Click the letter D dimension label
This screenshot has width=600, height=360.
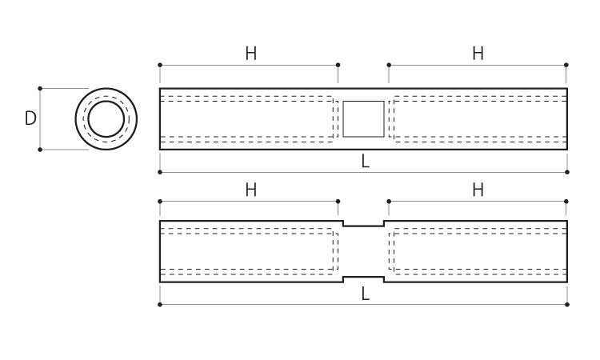(x=30, y=118)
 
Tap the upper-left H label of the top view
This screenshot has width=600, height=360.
(x=251, y=54)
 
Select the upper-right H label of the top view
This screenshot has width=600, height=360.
(x=478, y=54)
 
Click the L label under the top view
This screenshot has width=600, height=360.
(x=365, y=162)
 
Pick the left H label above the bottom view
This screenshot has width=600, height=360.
(x=251, y=190)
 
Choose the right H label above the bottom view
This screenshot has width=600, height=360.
(x=478, y=190)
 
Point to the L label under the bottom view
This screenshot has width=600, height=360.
(x=365, y=294)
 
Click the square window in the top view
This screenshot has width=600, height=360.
(x=363, y=119)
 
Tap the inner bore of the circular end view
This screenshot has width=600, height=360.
(x=106, y=101)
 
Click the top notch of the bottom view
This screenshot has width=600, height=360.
(x=363, y=226)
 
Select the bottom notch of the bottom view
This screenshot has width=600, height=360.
(x=363, y=277)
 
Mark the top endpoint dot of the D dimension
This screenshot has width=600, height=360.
(x=40, y=88)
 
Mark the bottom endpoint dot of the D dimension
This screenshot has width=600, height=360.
(x=40, y=150)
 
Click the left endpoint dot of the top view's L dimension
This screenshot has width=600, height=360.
(x=160, y=172)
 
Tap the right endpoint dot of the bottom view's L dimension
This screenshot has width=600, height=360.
(x=567, y=305)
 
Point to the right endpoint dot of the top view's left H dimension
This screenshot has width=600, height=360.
(x=338, y=65)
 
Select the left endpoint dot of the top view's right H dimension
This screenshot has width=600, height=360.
(x=389, y=65)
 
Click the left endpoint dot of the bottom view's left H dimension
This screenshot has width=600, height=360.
(x=160, y=202)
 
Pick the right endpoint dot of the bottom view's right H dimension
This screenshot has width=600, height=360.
(x=566, y=202)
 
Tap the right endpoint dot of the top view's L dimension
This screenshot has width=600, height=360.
(x=567, y=172)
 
